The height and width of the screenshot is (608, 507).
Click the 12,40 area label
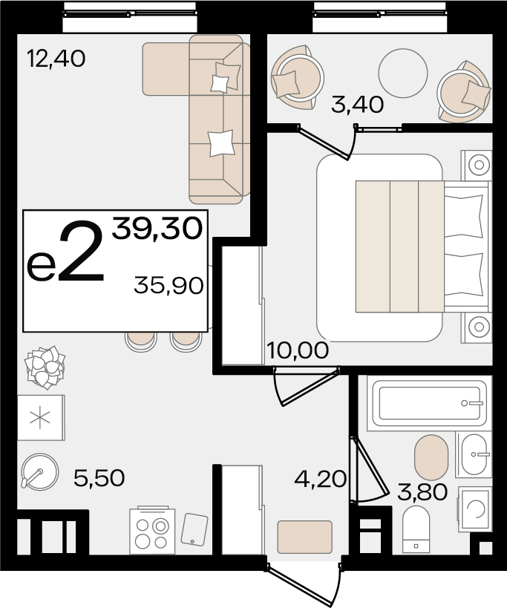[56, 59]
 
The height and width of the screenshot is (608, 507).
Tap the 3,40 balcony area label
[357, 105]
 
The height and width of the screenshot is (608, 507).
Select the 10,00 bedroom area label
[298, 350]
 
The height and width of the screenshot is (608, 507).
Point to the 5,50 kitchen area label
[99, 478]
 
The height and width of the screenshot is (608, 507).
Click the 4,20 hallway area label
[320, 479]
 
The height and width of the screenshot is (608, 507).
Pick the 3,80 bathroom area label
[422, 492]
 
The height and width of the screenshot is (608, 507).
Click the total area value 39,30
[157, 229]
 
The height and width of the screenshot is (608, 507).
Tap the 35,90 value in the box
[169, 286]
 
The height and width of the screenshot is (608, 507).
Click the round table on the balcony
[403, 73]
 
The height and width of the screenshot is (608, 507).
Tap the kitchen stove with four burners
[152, 531]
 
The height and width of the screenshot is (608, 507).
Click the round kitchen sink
[40, 472]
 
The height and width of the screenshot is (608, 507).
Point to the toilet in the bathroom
[416, 529]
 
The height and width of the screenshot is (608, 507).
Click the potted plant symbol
[45, 367]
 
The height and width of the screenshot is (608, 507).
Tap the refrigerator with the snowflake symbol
[41, 418]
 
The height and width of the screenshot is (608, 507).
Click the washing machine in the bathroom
[475, 509]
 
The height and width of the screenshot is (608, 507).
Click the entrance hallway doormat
[304, 537]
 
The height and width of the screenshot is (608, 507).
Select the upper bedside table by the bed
[477, 166]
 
